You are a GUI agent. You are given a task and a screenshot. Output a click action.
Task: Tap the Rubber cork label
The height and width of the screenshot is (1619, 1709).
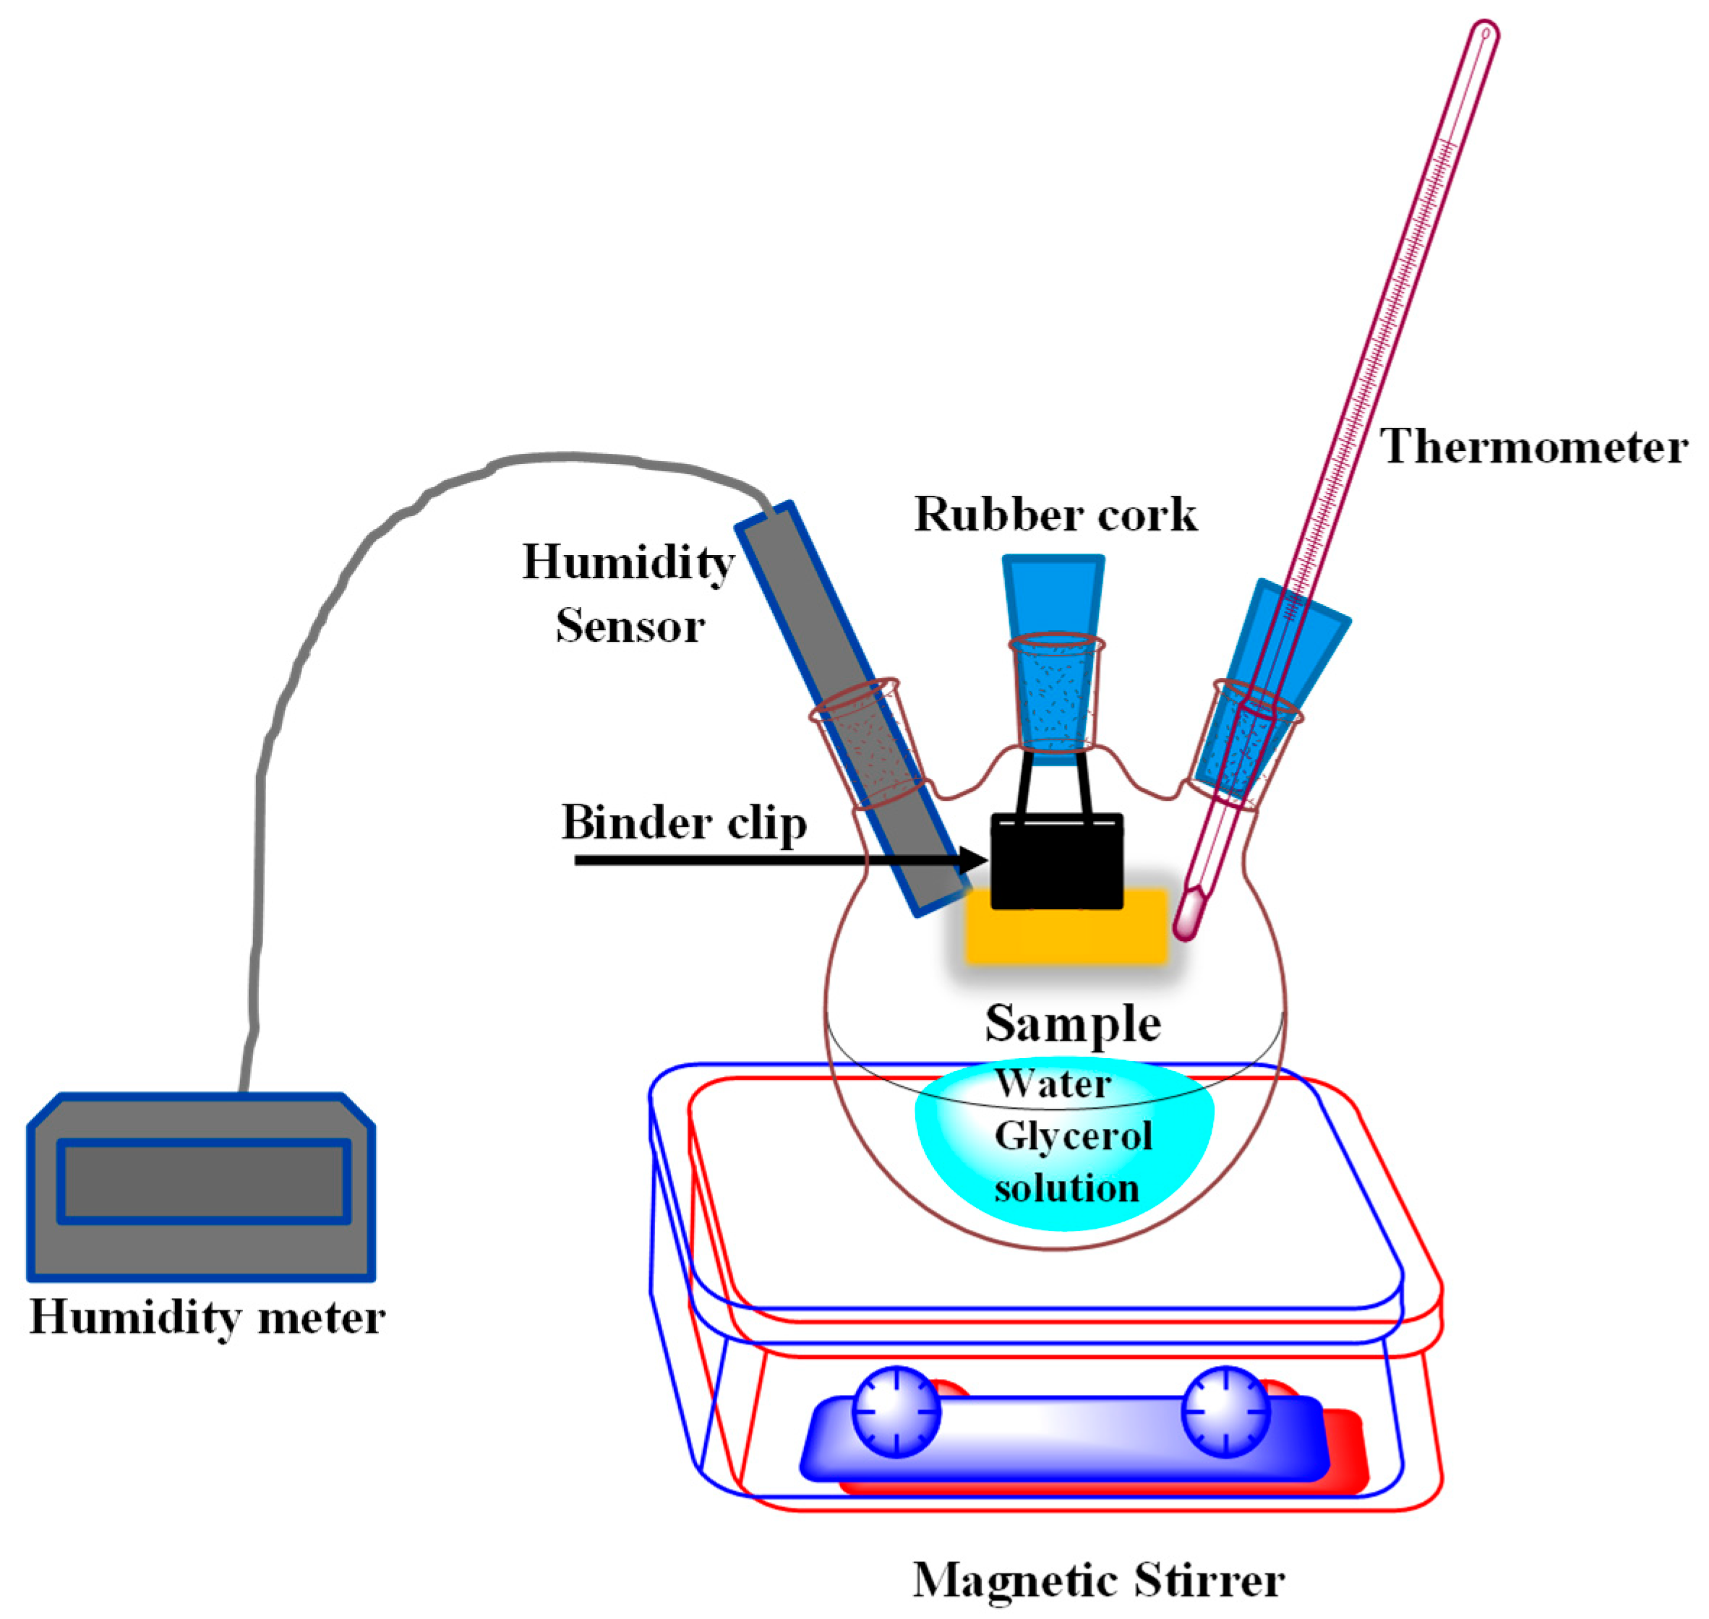pos(1055,515)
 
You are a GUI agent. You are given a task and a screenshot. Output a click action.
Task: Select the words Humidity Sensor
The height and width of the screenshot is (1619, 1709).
pos(629,593)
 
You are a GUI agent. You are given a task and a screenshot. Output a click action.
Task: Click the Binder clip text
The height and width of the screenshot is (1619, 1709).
pos(684,822)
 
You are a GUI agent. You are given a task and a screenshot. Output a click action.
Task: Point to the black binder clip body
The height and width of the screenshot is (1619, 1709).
pos(1056,863)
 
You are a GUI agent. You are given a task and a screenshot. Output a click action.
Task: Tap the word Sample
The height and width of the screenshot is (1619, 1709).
pos(1072,1024)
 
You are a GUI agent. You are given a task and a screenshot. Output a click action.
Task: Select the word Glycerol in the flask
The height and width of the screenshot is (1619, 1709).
pos(1072,1135)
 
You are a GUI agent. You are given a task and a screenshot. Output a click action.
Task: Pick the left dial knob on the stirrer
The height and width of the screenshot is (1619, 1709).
pos(896,1411)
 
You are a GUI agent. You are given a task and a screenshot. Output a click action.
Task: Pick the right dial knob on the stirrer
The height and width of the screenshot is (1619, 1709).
pos(1225,1411)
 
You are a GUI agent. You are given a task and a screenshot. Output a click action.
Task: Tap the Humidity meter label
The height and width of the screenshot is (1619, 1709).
pos(207,1318)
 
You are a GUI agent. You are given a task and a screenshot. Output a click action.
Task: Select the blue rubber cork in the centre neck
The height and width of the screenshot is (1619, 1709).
pos(1053,656)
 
